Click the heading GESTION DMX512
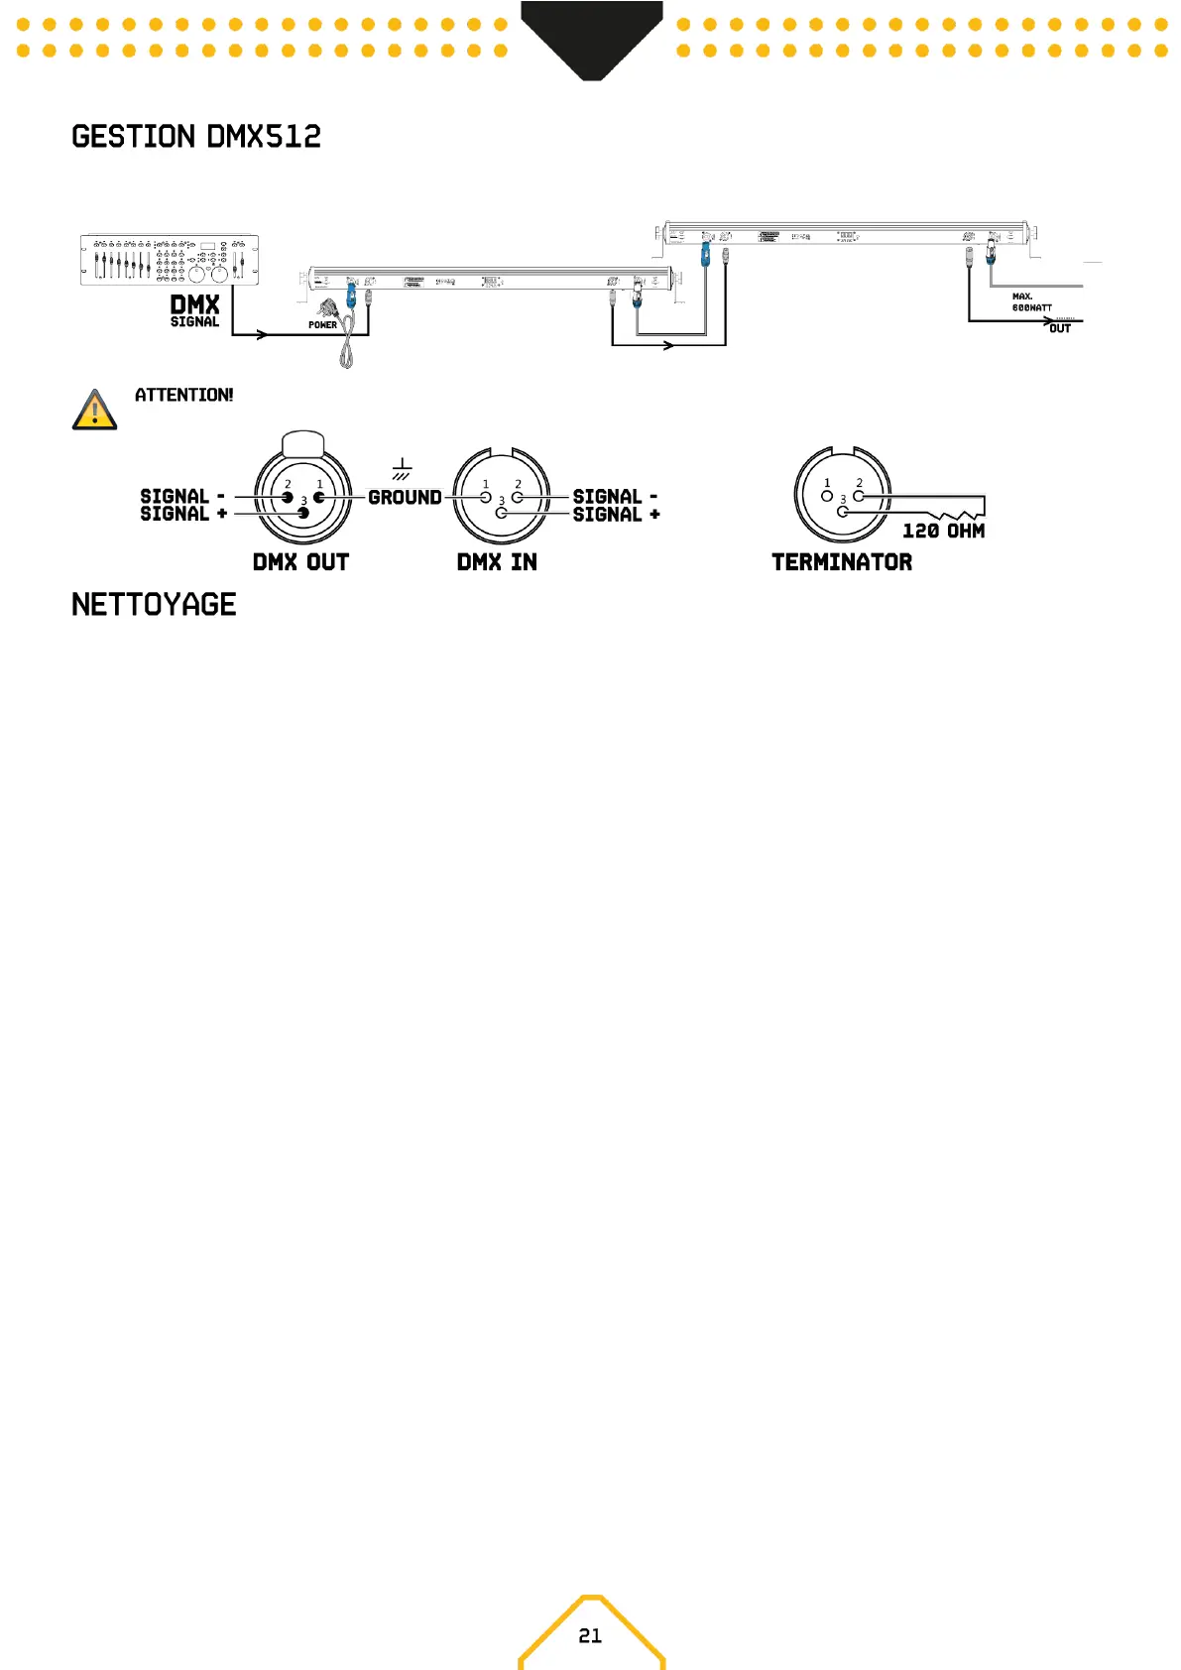point(196,137)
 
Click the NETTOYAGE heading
point(154,605)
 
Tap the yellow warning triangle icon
point(94,411)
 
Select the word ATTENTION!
point(184,395)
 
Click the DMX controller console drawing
point(170,260)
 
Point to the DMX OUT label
point(300,562)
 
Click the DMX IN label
point(497,562)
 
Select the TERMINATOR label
point(842,562)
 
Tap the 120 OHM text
point(943,532)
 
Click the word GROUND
point(405,498)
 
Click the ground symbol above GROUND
point(402,469)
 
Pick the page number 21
point(590,1635)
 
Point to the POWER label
point(322,325)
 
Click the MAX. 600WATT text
point(1031,302)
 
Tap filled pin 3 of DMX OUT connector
point(303,513)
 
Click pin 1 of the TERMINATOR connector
point(827,495)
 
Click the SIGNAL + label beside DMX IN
point(616,515)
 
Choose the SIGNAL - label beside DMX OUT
point(182,496)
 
